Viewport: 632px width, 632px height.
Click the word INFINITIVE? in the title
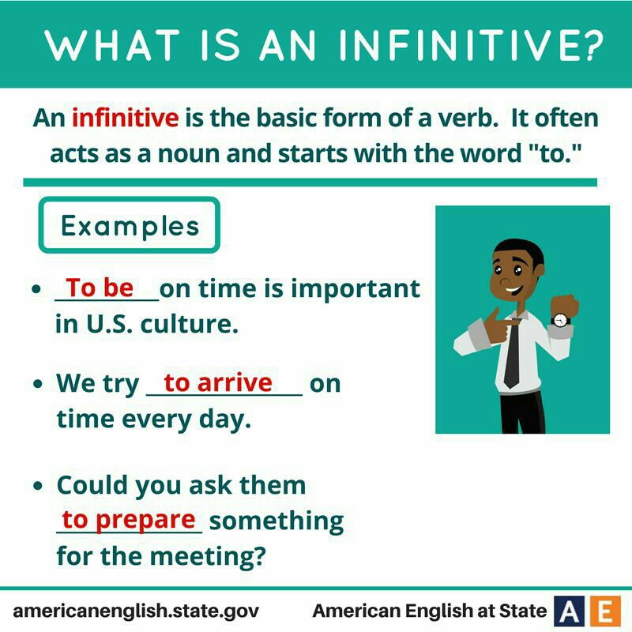471,45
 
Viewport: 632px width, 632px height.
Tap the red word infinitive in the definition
126,118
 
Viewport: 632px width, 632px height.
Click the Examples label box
130,225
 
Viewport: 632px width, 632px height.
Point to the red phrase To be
100,288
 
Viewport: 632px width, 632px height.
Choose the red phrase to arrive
218,382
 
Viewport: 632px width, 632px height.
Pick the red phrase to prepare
129,521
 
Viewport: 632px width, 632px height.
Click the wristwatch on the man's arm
561,320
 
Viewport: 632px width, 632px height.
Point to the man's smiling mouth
514,289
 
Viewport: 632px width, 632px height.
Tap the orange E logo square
606,611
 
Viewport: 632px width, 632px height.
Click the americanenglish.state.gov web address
136,611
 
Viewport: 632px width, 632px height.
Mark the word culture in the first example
190,324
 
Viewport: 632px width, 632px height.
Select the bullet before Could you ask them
38,486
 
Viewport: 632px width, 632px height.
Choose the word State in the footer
523,611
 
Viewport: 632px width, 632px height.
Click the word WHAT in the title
112,45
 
